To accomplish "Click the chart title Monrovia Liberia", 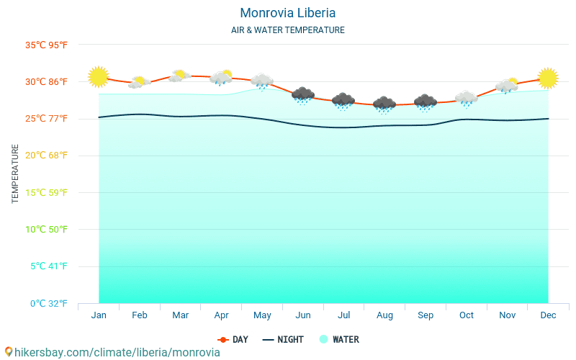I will pyautogui.click(x=287, y=13).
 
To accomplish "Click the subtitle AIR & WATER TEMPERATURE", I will pyautogui.click(x=287, y=30).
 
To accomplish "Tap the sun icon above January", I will pyautogui.click(x=98, y=76).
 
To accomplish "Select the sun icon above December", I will pyautogui.click(x=548, y=78).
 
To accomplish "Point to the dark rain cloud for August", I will pyautogui.click(x=384, y=104).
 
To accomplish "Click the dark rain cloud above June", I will pyautogui.click(x=303, y=95).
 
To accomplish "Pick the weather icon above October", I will pyautogui.click(x=466, y=99).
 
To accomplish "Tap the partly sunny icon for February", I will pyautogui.click(x=139, y=83).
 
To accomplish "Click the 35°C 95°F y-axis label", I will pyautogui.click(x=47, y=45).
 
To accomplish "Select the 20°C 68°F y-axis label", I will pyautogui.click(x=47, y=156).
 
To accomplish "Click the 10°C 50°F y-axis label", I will pyautogui.click(x=47, y=229).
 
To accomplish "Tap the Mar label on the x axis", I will pyautogui.click(x=181, y=315).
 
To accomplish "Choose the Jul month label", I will pyautogui.click(x=343, y=315).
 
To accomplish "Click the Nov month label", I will pyautogui.click(x=507, y=315).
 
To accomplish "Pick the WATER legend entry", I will pyautogui.click(x=339, y=339).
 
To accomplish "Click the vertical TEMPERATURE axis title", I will pyautogui.click(x=16, y=174).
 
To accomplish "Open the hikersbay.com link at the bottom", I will pyautogui.click(x=112, y=352).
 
